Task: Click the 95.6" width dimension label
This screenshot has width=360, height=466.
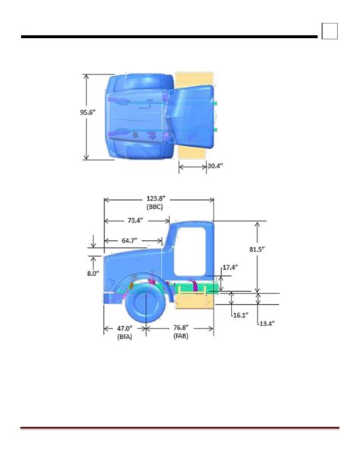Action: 87,113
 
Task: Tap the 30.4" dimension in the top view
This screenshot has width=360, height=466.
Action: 216,166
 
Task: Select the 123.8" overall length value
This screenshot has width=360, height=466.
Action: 156,198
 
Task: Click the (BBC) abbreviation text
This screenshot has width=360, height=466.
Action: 155,207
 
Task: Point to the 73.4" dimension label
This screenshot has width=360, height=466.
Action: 135,220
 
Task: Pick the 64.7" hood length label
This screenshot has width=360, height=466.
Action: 130,240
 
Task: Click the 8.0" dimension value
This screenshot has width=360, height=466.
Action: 93,274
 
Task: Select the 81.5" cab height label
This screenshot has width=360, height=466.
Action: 257,249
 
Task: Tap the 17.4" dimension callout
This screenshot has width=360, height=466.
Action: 230,268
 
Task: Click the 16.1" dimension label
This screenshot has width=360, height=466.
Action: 241,315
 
